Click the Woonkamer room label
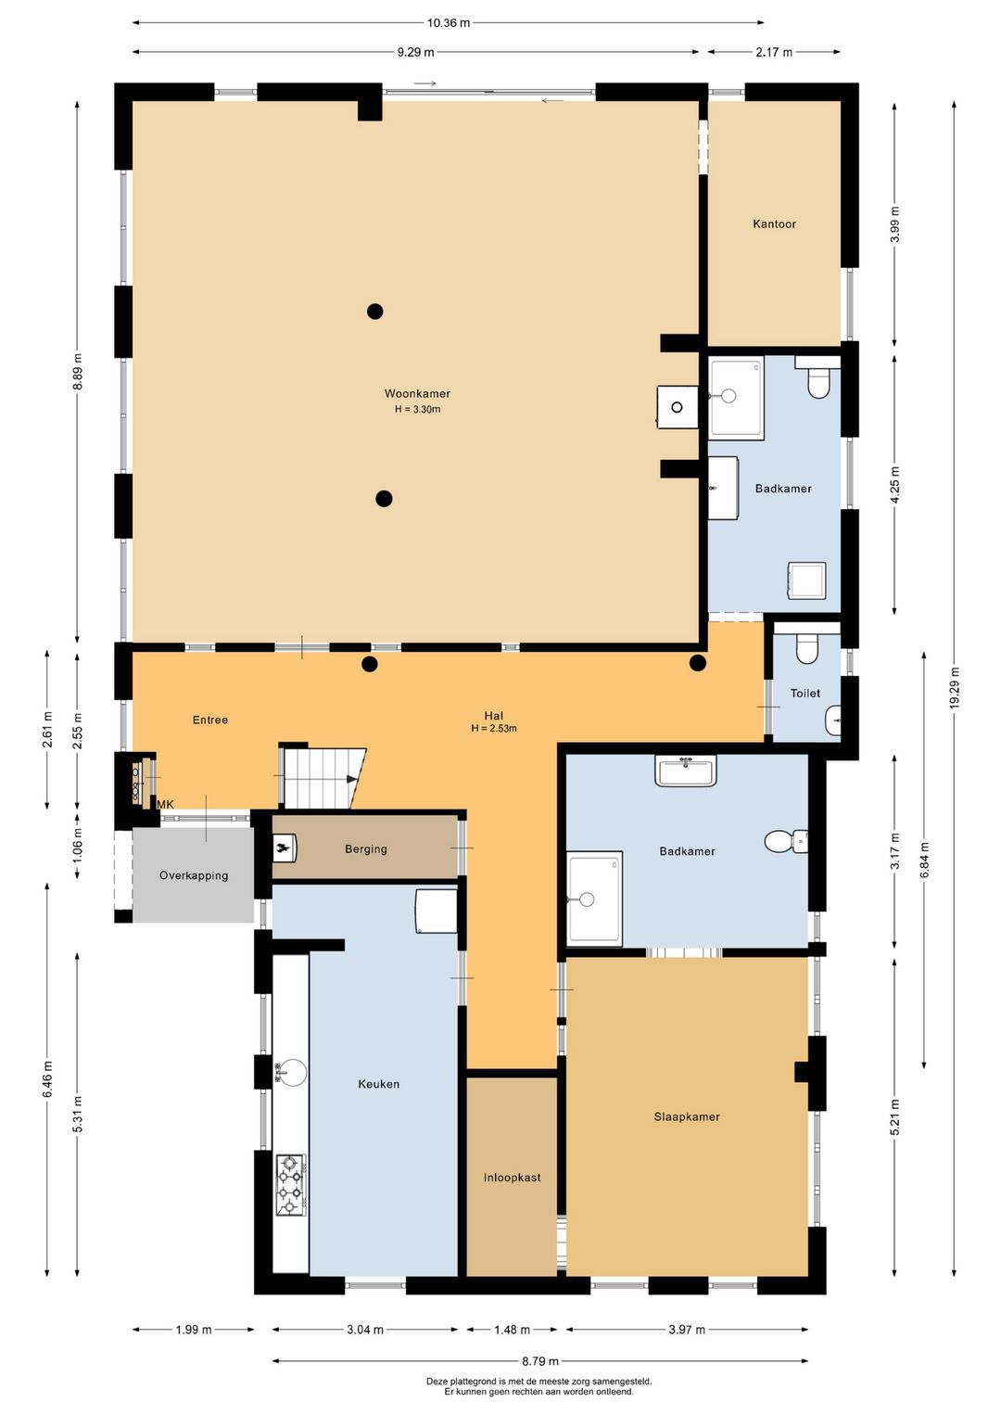[x=417, y=393]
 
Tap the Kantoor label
[x=774, y=223]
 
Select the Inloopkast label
[x=513, y=1178]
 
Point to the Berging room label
[x=366, y=849]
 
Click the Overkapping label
[x=194, y=875]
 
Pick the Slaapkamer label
[x=687, y=1116]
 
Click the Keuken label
[x=378, y=1084]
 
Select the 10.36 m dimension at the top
[x=449, y=23]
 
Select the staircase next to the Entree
[x=323, y=778]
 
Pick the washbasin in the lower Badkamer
[x=685, y=770]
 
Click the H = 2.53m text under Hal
[x=494, y=728]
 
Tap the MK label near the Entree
[x=166, y=805]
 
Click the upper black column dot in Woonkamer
[x=375, y=311]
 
